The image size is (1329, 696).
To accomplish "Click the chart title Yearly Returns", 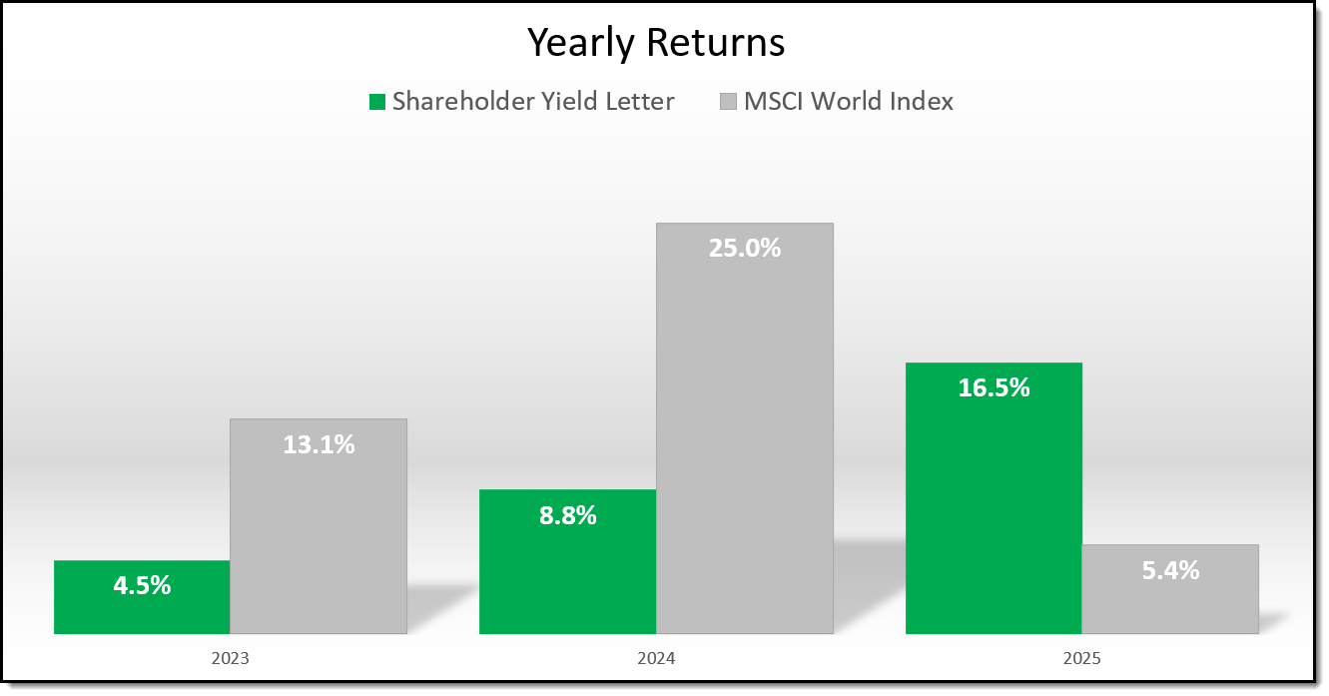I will [x=656, y=43].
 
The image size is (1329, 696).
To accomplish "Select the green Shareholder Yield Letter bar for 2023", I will [x=142, y=609].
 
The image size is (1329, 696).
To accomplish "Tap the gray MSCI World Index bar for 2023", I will [x=319, y=539].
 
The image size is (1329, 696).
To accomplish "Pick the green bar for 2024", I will [x=567, y=579].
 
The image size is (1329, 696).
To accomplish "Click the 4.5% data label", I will [x=142, y=585].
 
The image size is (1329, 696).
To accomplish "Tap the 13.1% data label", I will [x=319, y=444].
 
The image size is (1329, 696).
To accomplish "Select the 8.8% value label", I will [x=567, y=515].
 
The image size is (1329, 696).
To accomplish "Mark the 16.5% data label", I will [x=994, y=388].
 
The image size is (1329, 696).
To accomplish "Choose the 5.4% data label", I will [x=1170, y=571].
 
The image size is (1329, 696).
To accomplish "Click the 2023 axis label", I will [x=230, y=660].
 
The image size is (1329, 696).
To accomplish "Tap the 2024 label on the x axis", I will [x=656, y=660].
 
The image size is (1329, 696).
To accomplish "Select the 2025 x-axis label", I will [x=1082, y=660].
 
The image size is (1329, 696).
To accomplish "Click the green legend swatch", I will [x=376, y=102].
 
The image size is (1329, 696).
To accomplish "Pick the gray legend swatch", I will [x=728, y=102].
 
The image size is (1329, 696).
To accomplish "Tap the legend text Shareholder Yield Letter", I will [x=533, y=101].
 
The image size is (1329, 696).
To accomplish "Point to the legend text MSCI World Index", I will [x=849, y=101].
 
